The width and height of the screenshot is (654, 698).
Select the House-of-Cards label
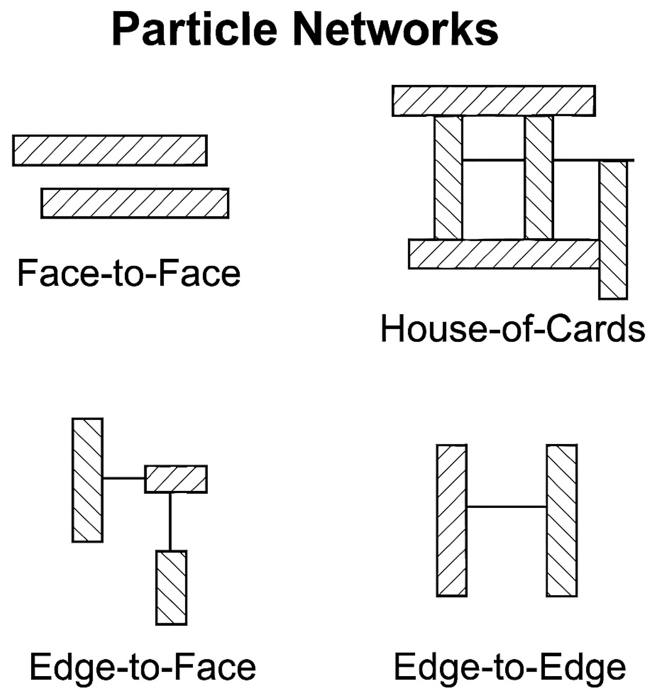[x=513, y=329]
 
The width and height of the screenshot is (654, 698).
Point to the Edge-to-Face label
[x=143, y=668]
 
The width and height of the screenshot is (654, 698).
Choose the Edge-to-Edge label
[x=510, y=668]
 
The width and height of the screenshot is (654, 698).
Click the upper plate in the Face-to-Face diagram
[x=110, y=150]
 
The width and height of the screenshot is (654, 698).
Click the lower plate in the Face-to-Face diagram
[x=135, y=203]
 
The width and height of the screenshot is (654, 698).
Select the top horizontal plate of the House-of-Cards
[x=493, y=101]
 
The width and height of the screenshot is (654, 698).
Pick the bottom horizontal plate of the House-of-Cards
[x=504, y=254]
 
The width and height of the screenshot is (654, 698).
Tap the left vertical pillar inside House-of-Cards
[x=448, y=178]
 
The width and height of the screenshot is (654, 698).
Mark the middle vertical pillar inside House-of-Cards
[x=538, y=178]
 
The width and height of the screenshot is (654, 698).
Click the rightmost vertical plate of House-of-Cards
[x=613, y=230]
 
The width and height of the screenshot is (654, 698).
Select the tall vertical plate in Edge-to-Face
[x=88, y=480]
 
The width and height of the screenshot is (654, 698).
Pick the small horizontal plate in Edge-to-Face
[x=176, y=479]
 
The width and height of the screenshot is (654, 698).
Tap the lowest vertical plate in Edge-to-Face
[x=171, y=587]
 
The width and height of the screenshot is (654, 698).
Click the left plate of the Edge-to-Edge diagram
[x=452, y=520]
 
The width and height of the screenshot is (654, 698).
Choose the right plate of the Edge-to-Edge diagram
[x=562, y=520]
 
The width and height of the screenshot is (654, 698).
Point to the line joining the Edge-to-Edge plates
[x=506, y=507]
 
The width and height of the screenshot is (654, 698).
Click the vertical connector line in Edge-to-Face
[x=170, y=521]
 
